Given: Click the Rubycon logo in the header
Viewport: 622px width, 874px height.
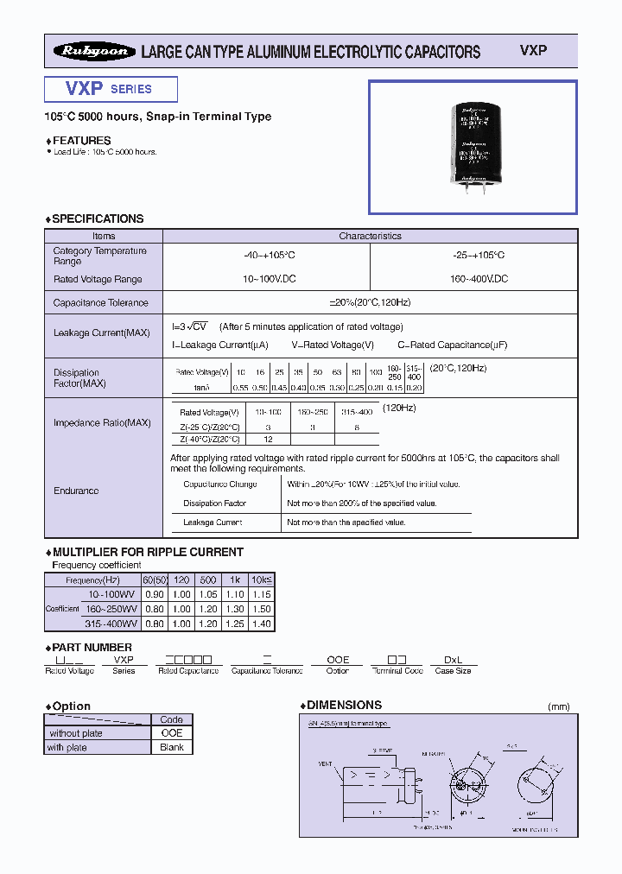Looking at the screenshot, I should pos(93,52).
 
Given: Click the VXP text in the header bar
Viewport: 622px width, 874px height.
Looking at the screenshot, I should pos(533,51).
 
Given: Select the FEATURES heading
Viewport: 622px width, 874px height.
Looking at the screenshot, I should pos(81,140).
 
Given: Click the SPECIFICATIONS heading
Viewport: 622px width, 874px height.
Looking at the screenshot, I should pos(98,218).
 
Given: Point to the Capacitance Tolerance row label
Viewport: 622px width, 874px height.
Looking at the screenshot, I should pos(100,303).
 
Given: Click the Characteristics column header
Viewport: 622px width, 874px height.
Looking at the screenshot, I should pos(370,236).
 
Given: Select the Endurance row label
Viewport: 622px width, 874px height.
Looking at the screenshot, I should pos(76,491).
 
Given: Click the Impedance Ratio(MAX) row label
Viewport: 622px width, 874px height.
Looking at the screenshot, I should pos(102,423).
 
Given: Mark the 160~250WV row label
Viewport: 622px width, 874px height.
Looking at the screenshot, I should pos(111,610).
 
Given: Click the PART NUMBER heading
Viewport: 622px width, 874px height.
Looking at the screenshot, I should pos(92,647).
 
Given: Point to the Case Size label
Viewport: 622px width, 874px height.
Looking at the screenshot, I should pos(453,671).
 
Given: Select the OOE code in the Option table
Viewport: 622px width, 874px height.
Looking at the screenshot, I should pos(172,733).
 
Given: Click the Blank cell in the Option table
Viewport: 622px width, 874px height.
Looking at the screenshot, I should pos(172,747).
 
